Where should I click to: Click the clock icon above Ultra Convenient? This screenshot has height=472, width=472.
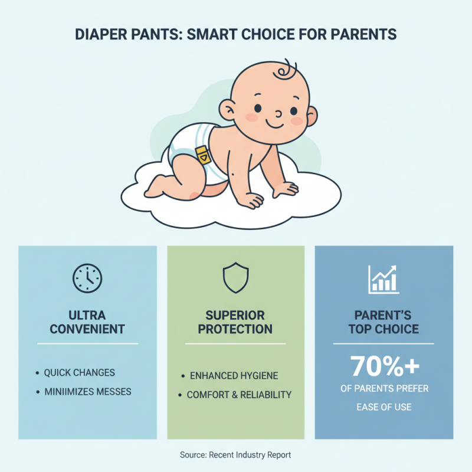[x=87, y=277]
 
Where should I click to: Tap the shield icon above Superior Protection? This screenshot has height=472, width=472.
[x=235, y=277]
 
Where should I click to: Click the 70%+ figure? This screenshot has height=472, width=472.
[x=384, y=366]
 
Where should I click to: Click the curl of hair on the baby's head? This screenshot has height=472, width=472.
[x=287, y=71]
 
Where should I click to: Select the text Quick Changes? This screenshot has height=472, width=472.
[x=79, y=373]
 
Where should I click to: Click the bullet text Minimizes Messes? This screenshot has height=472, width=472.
[x=87, y=391]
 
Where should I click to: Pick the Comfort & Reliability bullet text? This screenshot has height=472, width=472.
[x=239, y=395]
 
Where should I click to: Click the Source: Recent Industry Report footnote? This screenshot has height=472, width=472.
[x=235, y=455]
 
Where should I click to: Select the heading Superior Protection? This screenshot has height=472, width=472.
[x=235, y=322]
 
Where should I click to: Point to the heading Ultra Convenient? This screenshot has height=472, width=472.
[x=87, y=322]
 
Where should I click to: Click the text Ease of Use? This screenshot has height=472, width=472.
[x=384, y=407]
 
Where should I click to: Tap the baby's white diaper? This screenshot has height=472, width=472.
[x=183, y=145]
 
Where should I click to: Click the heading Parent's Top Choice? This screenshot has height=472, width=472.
[x=383, y=322]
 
